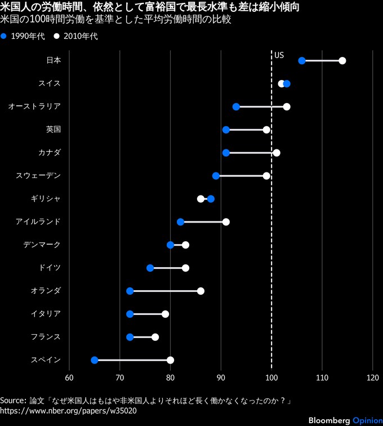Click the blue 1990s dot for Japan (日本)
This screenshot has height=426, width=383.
click(x=302, y=61)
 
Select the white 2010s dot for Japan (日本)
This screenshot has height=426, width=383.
click(x=342, y=61)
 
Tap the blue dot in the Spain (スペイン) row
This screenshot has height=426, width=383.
click(x=94, y=360)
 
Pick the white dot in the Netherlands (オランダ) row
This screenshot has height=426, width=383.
click(x=201, y=291)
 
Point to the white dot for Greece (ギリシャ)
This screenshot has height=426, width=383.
click(x=201, y=199)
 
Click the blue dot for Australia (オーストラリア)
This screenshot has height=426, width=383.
click(x=236, y=106)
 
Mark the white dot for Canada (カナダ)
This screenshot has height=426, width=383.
click(x=277, y=153)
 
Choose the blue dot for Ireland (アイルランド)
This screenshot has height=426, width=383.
click(x=180, y=222)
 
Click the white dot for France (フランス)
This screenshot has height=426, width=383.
click(x=155, y=337)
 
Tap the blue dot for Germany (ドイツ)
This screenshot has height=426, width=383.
click(x=150, y=268)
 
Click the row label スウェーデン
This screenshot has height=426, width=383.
click(x=38, y=175)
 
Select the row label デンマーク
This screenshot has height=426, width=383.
click(x=42, y=245)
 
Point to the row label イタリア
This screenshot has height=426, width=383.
click(x=46, y=314)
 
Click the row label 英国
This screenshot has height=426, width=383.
click(x=54, y=130)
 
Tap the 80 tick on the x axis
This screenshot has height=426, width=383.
click(x=170, y=378)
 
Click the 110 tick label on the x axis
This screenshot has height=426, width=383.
click(x=322, y=378)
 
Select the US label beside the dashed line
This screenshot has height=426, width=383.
click(x=279, y=55)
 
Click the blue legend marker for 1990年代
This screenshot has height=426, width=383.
click(x=3, y=36)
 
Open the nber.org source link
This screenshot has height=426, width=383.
click(x=68, y=411)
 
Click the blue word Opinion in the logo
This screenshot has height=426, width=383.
click(x=368, y=420)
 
